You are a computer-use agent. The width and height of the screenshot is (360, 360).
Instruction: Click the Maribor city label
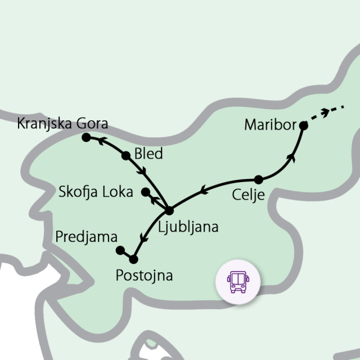tap(270, 125)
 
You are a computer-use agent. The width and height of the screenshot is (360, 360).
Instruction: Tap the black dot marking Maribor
tap(304, 125)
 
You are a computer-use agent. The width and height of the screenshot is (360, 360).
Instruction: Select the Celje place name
tap(247, 195)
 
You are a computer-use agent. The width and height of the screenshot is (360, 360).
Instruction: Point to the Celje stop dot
tap(258, 180)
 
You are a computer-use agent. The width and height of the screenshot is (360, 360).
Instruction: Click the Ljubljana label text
tap(188, 227)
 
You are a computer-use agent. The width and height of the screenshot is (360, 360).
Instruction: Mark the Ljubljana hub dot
tap(169, 211)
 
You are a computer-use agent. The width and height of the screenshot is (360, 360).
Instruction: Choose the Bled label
tap(148, 154)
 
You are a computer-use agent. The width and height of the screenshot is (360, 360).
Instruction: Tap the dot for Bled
tap(126, 156)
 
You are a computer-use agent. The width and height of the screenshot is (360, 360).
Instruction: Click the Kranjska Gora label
tap(62, 123)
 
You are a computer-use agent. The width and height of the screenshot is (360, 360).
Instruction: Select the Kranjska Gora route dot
tap(86, 137)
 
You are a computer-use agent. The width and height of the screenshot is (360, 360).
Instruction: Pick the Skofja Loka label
tap(96, 192)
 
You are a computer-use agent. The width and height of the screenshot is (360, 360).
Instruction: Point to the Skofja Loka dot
tap(145, 192)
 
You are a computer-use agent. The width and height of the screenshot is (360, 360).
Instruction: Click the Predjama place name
tap(86, 237)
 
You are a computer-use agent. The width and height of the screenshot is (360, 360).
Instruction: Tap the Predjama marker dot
tap(119, 250)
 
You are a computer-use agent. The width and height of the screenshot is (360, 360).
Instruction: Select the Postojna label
tap(143, 276)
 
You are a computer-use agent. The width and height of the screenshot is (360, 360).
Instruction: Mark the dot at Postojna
tap(133, 259)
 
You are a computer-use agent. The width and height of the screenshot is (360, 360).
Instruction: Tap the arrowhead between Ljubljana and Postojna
tap(143, 241)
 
